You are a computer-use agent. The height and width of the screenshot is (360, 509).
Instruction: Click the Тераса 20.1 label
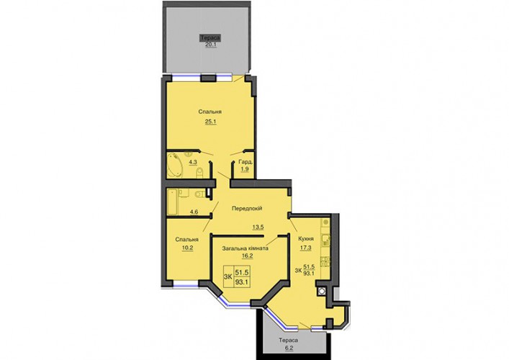210,41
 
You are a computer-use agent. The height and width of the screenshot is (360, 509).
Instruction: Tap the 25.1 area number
210,122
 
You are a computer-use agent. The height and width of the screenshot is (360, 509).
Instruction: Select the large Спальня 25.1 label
210,117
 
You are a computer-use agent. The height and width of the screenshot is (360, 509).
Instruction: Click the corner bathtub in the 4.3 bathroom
176,165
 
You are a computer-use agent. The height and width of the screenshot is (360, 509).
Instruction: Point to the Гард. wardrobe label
246,162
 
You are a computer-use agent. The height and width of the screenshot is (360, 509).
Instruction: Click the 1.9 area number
245,168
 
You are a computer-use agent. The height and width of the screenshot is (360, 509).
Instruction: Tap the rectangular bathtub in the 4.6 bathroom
172,202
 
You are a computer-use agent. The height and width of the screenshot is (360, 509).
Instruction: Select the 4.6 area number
194,212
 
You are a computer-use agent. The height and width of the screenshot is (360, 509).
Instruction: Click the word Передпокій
247,208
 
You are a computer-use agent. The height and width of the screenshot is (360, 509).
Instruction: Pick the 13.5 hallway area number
258,227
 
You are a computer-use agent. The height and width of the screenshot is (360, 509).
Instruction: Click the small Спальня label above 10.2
186,240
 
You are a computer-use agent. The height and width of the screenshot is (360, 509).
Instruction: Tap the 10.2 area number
187,248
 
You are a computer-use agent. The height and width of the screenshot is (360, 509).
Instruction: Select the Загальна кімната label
246,248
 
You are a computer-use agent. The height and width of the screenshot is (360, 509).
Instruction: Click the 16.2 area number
248,256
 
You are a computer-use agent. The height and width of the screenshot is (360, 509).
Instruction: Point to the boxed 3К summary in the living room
236,276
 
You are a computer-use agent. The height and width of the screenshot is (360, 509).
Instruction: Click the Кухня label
306,238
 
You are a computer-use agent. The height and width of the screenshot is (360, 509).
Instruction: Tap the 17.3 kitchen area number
306,248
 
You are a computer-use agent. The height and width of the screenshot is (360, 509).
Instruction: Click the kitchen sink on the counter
325,240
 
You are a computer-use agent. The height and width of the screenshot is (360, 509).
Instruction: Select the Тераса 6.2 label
288,344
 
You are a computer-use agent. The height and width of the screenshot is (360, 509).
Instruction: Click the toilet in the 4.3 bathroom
199,173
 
